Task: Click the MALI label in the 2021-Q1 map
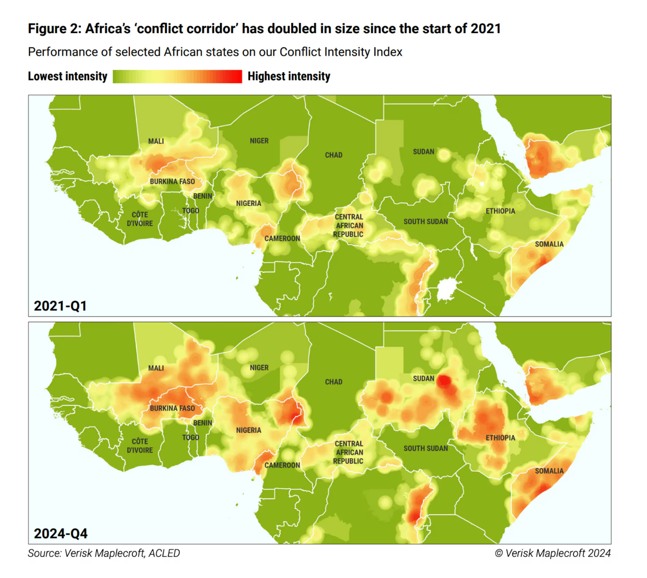click(156, 141)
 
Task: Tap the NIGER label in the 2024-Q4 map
click(259, 368)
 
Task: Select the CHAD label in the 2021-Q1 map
click(333, 155)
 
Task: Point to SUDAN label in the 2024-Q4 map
click(423, 379)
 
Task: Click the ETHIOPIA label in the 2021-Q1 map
click(500, 211)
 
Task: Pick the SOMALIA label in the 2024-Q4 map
click(549, 471)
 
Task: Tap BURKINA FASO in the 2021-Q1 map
click(172, 182)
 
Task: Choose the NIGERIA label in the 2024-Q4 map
click(249, 431)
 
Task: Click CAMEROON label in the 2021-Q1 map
click(282, 239)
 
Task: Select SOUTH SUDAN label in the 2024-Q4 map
click(425, 449)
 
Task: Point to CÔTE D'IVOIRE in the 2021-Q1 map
click(140, 219)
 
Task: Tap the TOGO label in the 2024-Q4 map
click(190, 438)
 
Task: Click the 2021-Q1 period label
click(60, 306)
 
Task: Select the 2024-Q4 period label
click(60, 533)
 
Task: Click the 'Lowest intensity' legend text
click(67, 77)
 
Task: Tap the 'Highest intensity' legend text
click(289, 77)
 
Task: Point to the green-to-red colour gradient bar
click(177, 77)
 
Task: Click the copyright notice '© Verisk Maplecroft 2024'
click(552, 553)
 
